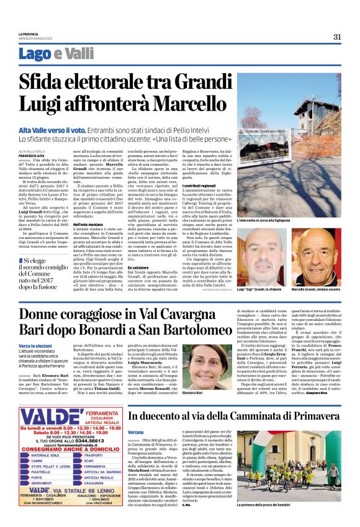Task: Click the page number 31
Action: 337,37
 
